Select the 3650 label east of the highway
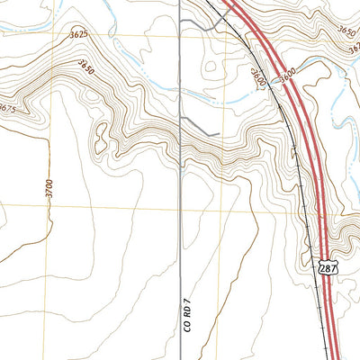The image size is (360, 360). point(347,30)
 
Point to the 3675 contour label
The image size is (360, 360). point(7,109)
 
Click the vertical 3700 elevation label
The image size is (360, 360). point(50,189)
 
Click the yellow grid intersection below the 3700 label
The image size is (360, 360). point(51,205)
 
